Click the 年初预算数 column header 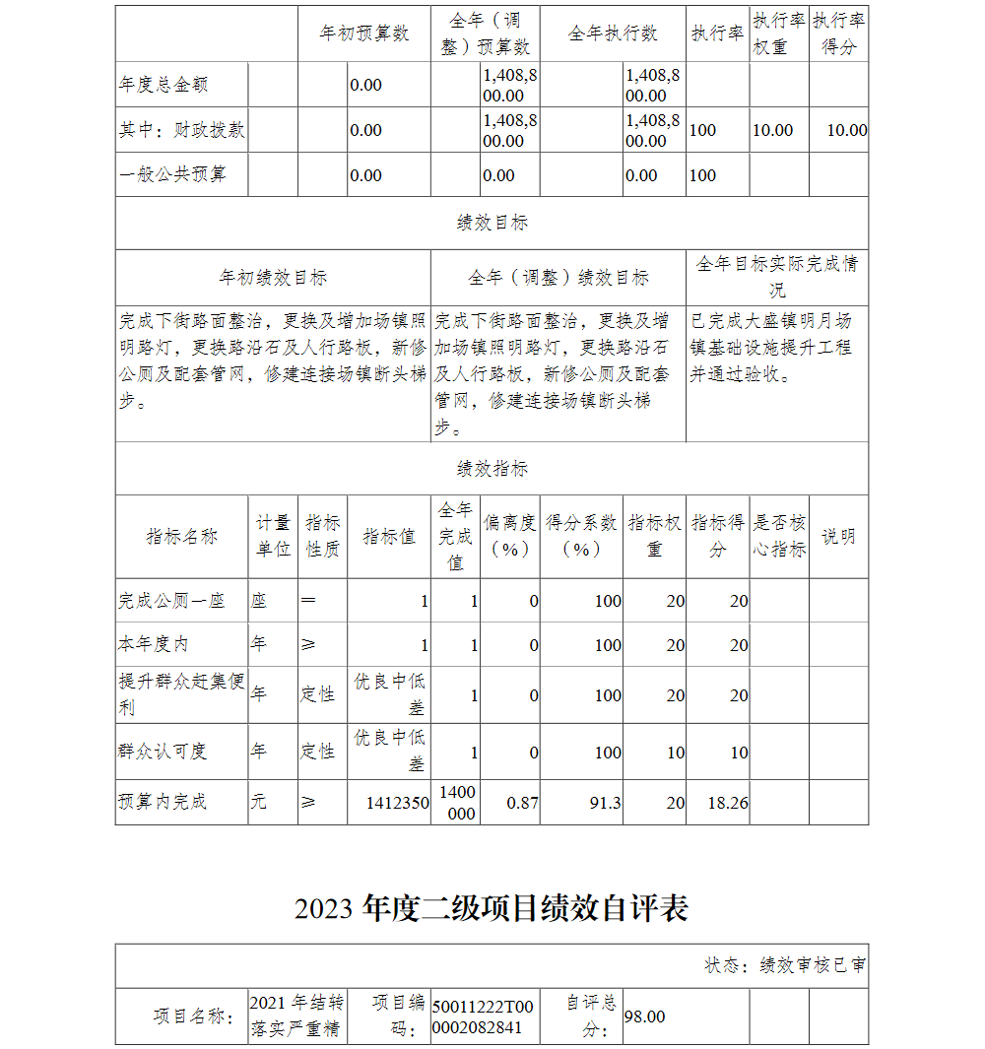tap(364, 33)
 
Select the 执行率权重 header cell tap(779, 33)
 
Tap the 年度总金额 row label tap(164, 85)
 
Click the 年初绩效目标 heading tap(273, 278)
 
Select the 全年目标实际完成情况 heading tap(777, 277)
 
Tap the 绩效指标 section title tap(492, 469)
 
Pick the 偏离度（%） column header tap(510, 537)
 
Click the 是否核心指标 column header tap(779, 537)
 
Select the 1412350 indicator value tap(397, 803)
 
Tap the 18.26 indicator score tap(728, 803)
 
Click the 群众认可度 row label tap(163, 752)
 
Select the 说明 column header tap(838, 537)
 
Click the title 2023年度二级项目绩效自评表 tap(491, 908)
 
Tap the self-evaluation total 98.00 tap(645, 1016)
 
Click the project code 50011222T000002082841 tap(483, 1016)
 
